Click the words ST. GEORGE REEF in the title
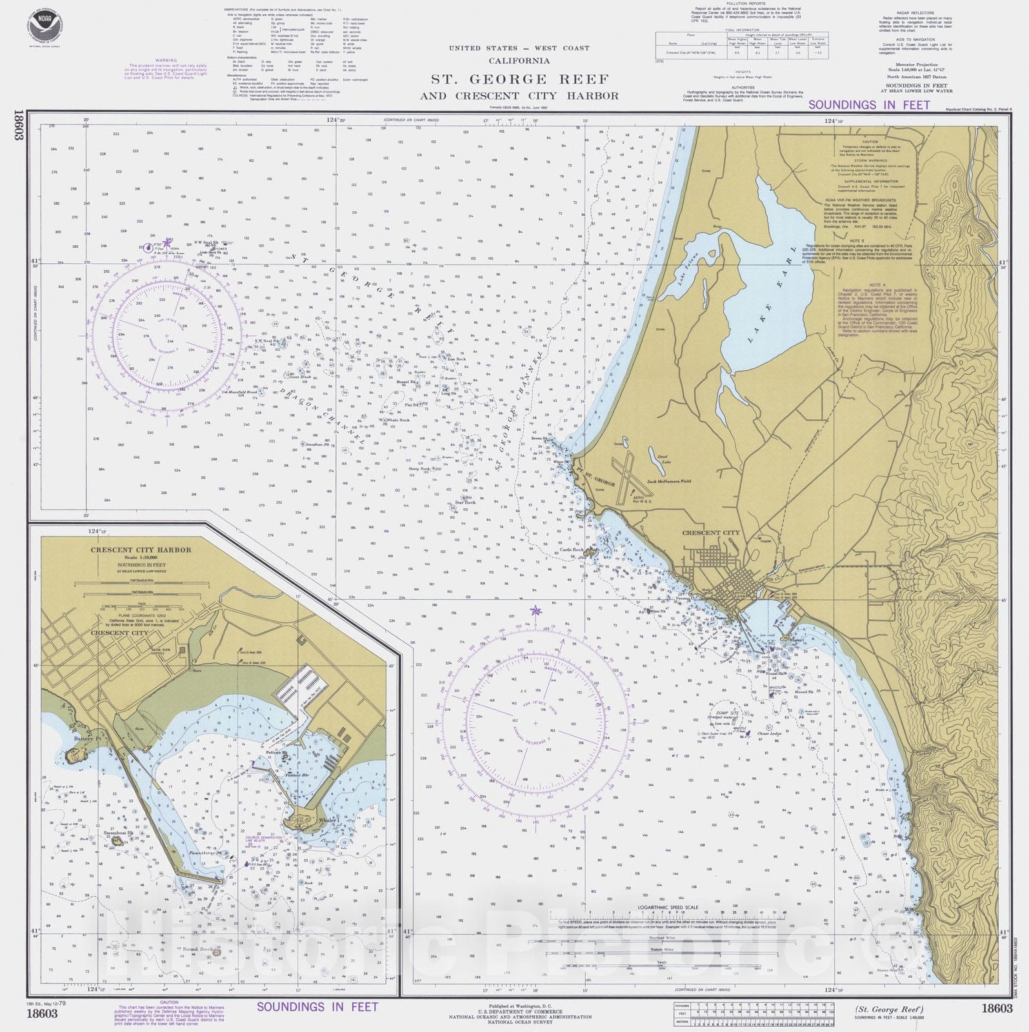[520, 80]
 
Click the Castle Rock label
[572, 550]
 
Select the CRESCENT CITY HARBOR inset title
[141, 550]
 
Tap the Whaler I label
[328, 820]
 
